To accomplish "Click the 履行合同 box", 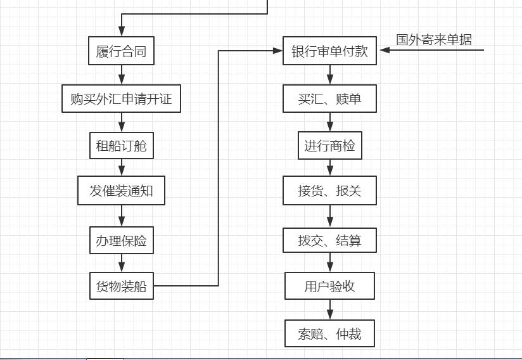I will pos(121,51).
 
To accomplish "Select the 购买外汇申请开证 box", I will pos(121,99).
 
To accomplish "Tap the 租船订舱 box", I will pos(121,146).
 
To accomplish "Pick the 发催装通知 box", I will pos(121,191).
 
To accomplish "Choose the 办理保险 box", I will pos(121,241).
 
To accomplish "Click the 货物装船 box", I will pos(121,286).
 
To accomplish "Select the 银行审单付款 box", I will pos(329,51).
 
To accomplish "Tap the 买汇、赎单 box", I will pos(329,99).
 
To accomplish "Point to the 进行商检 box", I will pos(329,146).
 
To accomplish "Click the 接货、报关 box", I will pos(329,191).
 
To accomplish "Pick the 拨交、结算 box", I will pos(329,241).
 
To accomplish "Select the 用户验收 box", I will pos(329,286).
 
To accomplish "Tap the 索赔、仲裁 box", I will pos(329,333).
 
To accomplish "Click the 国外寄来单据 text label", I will pos(434,39).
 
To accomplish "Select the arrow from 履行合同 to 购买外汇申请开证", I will pos(122,74).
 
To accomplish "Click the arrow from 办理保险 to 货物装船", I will pos(122,263).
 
